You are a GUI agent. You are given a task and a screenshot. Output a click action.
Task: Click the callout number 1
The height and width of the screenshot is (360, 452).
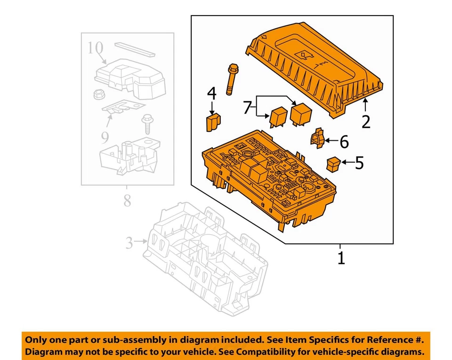click(x=341, y=257)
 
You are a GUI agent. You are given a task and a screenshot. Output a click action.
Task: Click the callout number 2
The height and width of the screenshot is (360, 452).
click(x=366, y=121)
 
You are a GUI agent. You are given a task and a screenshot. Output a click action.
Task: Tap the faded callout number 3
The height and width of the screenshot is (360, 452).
click(x=129, y=243)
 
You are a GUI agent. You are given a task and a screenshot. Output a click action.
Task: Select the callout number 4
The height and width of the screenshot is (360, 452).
click(x=212, y=93)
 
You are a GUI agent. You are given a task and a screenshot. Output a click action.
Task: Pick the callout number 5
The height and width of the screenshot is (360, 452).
click(x=359, y=163)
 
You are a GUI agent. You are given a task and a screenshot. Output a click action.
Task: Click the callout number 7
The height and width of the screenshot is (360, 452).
click(x=247, y=107)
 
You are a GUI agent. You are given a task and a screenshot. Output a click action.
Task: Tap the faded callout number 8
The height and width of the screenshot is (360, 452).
click(x=127, y=201)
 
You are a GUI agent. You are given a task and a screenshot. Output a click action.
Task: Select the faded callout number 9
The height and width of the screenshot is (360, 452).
click(x=105, y=137)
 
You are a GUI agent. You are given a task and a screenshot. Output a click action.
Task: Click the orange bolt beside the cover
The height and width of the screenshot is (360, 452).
click(x=231, y=79)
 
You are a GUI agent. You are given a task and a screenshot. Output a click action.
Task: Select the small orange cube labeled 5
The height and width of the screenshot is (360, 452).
click(x=333, y=164)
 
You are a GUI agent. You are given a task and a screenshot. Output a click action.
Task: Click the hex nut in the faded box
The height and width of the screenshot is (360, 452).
click(x=98, y=94)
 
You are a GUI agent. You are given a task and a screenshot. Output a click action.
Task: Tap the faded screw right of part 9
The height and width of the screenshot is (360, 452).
click(x=146, y=125)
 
